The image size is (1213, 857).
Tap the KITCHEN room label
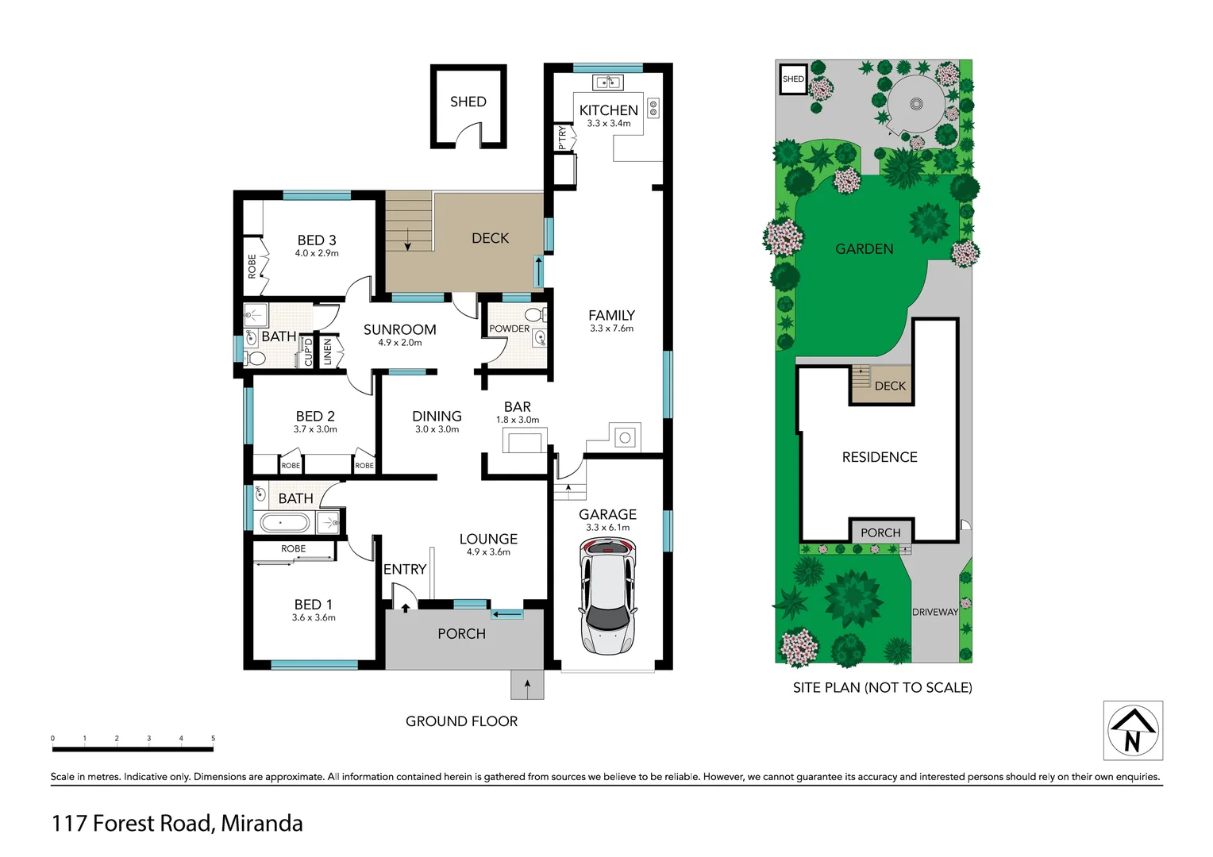[x=608, y=110]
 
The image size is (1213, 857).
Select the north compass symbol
[x=1133, y=731]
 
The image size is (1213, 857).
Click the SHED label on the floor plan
[x=468, y=102]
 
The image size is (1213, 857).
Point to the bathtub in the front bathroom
[x=284, y=523]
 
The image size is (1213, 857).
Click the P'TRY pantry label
[x=562, y=137]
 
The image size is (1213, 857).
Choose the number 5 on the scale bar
[x=213, y=739]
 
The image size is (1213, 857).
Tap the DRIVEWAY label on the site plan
[x=934, y=612]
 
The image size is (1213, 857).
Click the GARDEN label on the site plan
[x=864, y=249]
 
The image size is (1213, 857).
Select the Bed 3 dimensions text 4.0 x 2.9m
[x=317, y=254]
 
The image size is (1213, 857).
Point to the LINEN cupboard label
[x=328, y=352]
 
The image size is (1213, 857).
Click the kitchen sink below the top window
[x=607, y=83]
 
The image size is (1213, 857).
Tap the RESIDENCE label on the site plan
[x=879, y=457]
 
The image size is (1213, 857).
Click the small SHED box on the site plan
[x=793, y=79]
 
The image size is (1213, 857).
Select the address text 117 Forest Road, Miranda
[x=177, y=823]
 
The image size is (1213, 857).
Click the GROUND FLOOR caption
[x=461, y=721]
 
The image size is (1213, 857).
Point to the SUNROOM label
[x=399, y=329]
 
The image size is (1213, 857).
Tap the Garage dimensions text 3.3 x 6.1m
[x=607, y=528]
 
